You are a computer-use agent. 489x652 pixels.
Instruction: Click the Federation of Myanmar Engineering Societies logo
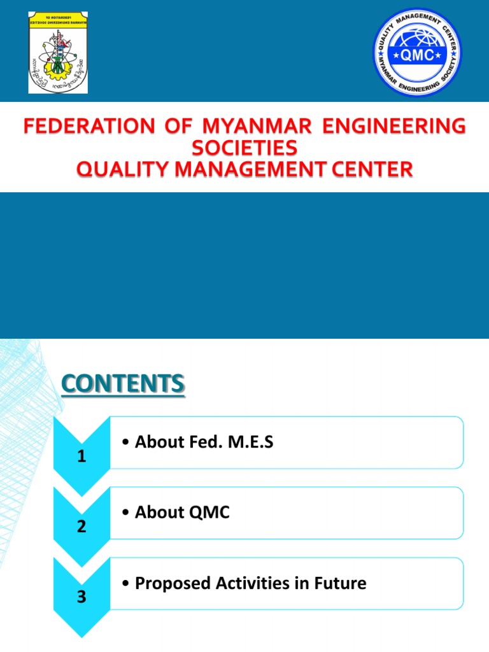[x=58, y=52]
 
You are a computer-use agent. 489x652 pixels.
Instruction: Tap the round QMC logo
[x=417, y=52]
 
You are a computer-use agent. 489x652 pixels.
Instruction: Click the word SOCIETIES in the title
[x=244, y=148]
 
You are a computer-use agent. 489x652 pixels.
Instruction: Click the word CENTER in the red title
[x=368, y=169]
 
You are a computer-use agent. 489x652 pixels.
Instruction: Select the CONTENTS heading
[x=123, y=385]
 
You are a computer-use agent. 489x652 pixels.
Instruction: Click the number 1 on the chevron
[x=81, y=457]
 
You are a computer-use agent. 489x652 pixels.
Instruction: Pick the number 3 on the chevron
[x=81, y=597]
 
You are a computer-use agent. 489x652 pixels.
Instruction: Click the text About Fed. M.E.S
[x=204, y=443]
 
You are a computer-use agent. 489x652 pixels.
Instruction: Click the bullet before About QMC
[x=127, y=513]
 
